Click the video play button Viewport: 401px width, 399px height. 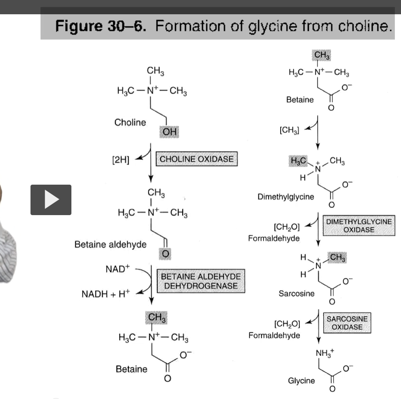pos(51,200)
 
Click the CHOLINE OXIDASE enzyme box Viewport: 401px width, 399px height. pos(196,159)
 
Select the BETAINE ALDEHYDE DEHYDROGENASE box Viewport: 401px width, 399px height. pos(201,281)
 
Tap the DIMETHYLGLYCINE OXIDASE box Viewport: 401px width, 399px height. pos(359,226)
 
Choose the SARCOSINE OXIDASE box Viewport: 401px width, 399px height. pos(347,323)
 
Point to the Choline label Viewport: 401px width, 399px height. pos(130,123)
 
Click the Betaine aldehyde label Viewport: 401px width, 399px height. pos(110,244)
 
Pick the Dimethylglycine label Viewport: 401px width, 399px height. pos(286,197)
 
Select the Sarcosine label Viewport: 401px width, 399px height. pos(296,294)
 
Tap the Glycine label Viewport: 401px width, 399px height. pos(301,380)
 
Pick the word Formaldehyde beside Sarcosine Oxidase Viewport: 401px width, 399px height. pos(274,335)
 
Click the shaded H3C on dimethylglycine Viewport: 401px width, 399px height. pos(298,160)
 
